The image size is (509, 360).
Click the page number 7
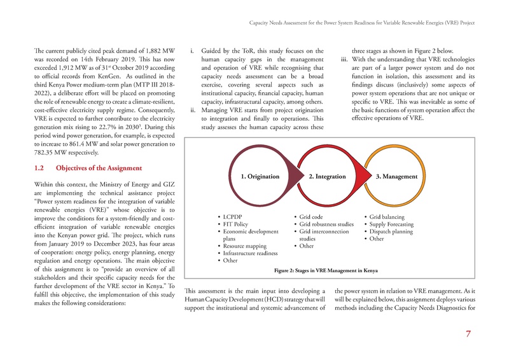468,336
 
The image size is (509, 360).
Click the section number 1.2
39,169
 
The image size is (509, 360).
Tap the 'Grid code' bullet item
312,216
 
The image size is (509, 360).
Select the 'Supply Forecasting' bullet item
394,225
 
